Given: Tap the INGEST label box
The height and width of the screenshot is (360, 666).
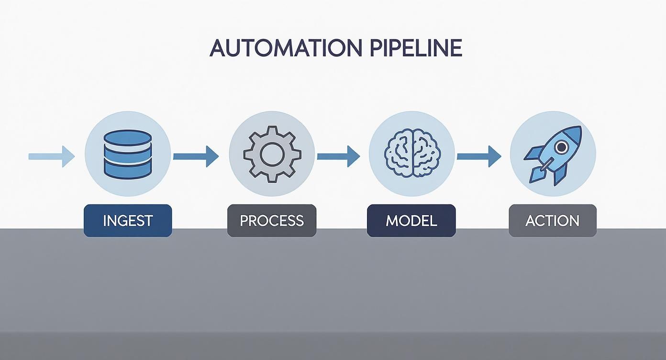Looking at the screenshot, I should point(128,221).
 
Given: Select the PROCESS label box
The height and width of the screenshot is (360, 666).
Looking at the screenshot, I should point(271,221).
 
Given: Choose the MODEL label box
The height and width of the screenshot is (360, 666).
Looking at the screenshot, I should point(411,221).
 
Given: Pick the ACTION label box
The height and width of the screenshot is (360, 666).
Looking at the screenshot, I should point(552,221).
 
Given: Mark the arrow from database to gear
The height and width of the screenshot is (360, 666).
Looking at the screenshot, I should point(196,157).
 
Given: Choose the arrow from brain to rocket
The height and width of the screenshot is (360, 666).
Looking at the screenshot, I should point(479,157).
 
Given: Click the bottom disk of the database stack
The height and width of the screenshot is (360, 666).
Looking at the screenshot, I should point(127,172).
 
